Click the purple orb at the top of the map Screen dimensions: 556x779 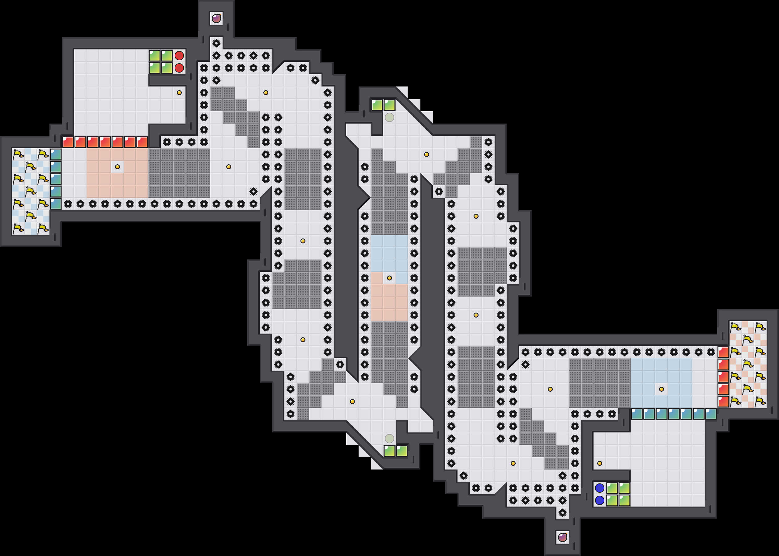click(x=216, y=18)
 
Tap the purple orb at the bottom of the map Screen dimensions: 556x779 click(x=563, y=537)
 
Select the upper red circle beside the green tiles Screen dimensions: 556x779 click(x=179, y=56)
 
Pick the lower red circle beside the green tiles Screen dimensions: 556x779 click(x=179, y=68)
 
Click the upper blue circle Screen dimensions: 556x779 click(x=599, y=488)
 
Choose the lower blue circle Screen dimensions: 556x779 click(x=599, y=500)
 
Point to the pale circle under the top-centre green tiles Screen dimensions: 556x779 click(x=389, y=117)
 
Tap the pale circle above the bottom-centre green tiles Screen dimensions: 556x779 click(x=389, y=438)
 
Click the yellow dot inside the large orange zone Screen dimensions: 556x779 click(x=117, y=167)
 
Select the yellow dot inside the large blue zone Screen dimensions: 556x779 click(x=662, y=389)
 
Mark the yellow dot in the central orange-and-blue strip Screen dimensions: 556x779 click(x=389, y=278)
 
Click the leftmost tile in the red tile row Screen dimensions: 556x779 click(x=68, y=142)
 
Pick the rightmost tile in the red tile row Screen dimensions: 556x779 click(x=142, y=142)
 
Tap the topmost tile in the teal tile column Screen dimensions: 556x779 click(x=56, y=154)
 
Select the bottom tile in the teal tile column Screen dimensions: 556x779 click(x=56, y=204)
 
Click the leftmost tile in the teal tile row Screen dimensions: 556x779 click(x=636, y=414)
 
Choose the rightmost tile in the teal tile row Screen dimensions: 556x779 click(x=711, y=414)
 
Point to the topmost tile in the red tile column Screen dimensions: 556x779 click(x=723, y=352)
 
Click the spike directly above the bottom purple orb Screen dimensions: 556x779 click(x=563, y=512)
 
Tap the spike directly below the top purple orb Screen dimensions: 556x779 click(x=216, y=43)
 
